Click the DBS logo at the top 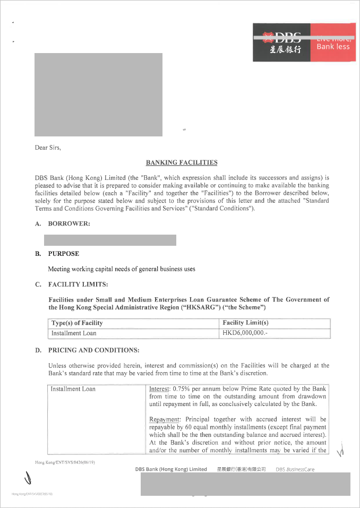click(x=281, y=42)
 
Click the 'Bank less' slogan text click(x=333, y=47)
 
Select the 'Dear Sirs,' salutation click(x=48, y=148)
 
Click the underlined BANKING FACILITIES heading click(x=182, y=162)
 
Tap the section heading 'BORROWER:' click(x=68, y=224)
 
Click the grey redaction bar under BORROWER click(x=112, y=240)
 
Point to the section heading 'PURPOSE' click(x=63, y=254)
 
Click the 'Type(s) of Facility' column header click(x=77, y=323)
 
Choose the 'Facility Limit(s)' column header click(x=245, y=323)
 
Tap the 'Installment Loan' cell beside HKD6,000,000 click(x=74, y=333)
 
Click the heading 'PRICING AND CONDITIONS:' click(x=93, y=350)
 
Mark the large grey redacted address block click(x=98, y=95)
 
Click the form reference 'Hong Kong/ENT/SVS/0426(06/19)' click(x=65, y=462)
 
